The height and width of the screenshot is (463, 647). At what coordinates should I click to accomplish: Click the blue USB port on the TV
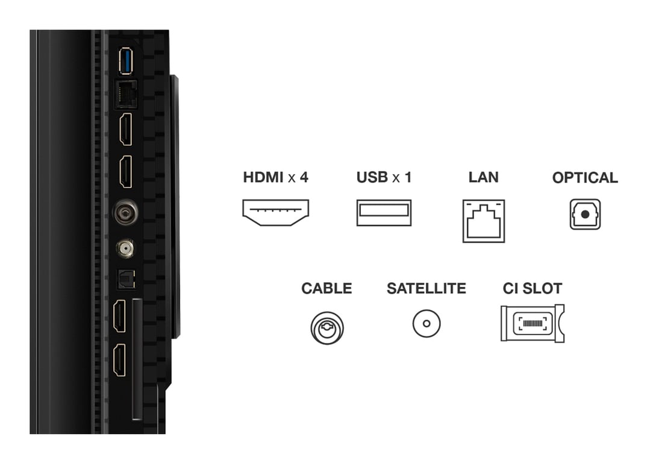pos(125,61)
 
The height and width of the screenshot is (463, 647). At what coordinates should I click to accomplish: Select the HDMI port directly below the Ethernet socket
pos(125,130)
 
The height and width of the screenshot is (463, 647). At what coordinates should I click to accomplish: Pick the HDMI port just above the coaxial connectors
pos(125,172)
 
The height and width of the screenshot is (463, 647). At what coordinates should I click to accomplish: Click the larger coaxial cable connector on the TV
pos(125,212)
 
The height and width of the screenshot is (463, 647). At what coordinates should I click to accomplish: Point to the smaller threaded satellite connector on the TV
pos(125,247)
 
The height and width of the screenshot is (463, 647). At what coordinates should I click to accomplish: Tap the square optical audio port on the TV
pos(125,279)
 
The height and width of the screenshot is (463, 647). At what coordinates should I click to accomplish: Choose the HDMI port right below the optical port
pos(120,315)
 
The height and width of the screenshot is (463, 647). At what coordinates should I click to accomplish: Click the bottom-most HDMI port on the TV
pos(120,360)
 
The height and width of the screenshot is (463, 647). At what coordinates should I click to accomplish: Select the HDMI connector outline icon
pos(275,212)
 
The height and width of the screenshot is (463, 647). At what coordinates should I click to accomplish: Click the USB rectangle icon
pos(384,212)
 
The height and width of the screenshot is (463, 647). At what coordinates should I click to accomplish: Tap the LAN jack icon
pos(484,221)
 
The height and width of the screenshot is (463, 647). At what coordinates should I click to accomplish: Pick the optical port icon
pos(585,214)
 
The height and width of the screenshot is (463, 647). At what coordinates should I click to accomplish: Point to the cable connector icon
pos(327,327)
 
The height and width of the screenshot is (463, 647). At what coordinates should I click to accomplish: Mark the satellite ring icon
pos(427,324)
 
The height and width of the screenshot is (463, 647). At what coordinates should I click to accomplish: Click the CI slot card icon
pos(532,323)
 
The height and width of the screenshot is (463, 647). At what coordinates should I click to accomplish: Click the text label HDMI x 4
pos(275,177)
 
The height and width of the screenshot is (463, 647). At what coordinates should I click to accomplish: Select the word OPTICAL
pos(585,178)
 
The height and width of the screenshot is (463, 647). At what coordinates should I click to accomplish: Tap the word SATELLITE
pos(426,289)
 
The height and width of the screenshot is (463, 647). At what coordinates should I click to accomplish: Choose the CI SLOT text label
pos(533,289)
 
